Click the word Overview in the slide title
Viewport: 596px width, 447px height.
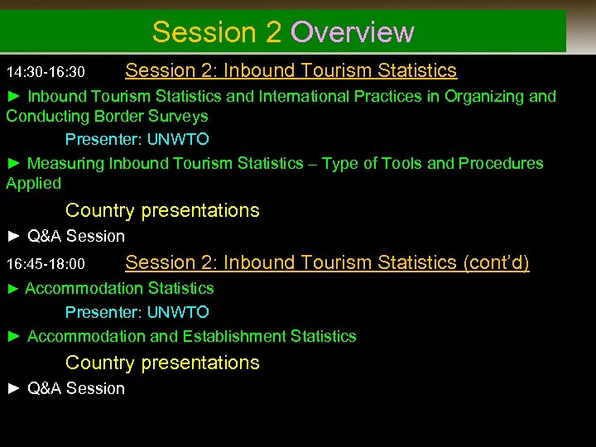tap(353, 32)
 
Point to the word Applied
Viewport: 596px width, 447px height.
tap(34, 183)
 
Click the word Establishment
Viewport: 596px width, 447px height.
tap(234, 337)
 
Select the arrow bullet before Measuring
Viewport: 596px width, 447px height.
tap(13, 164)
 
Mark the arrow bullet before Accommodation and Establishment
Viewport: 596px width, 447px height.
tap(13, 337)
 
